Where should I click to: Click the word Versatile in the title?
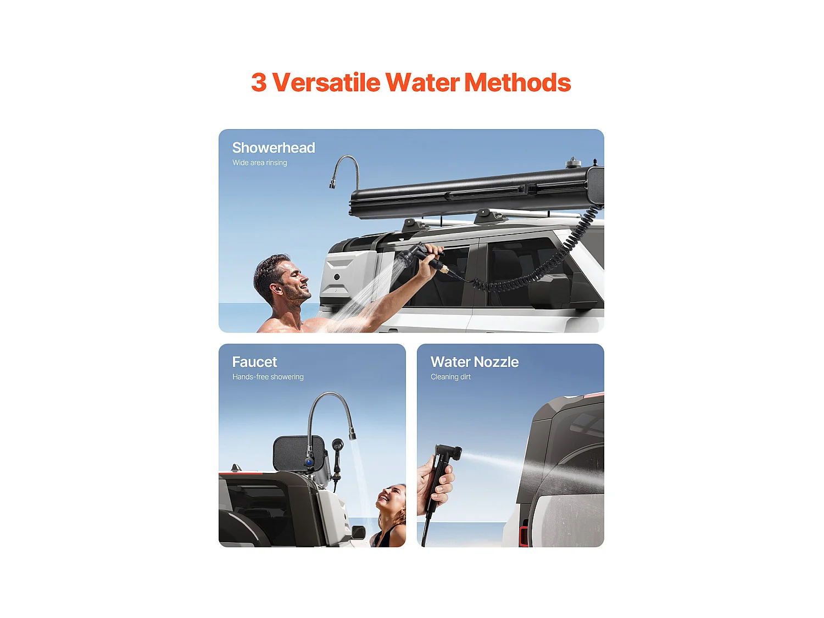point(326,83)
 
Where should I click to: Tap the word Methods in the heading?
point(517,83)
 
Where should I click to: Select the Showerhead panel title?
point(274,148)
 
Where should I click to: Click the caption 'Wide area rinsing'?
point(259,163)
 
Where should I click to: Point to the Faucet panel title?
point(254,362)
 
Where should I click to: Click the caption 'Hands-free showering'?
point(268,377)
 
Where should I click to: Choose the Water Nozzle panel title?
point(475,362)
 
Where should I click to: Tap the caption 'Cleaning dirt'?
point(450,377)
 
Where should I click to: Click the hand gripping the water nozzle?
point(434,483)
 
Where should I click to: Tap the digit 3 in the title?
point(259,83)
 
